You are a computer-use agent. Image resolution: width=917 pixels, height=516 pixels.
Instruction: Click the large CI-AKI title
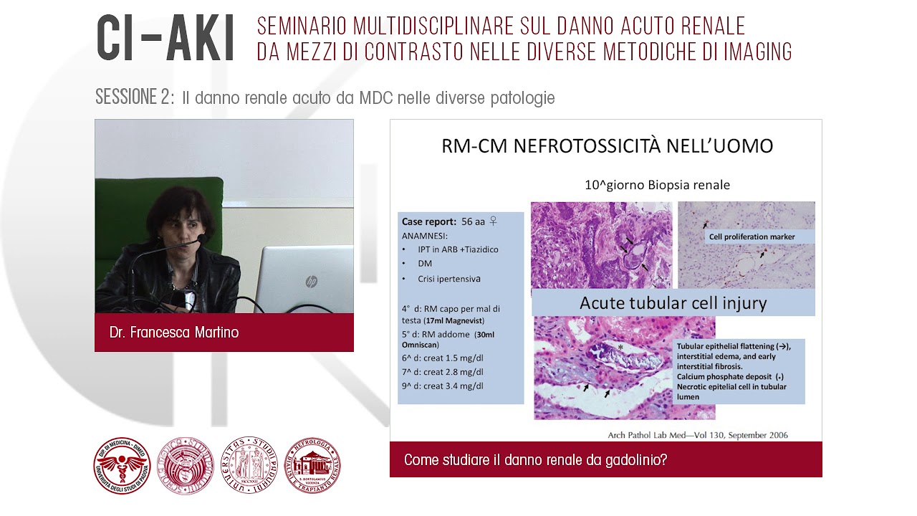[166, 38]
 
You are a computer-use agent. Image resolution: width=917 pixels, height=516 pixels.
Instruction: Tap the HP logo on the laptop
[311, 282]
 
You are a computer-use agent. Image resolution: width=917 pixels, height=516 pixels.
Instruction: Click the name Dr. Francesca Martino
[174, 333]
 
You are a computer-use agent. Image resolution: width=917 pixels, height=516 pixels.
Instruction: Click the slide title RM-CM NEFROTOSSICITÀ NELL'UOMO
[607, 146]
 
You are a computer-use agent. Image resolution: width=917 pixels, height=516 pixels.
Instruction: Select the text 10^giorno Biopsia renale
[657, 185]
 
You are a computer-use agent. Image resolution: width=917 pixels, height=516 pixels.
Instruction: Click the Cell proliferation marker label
[751, 236]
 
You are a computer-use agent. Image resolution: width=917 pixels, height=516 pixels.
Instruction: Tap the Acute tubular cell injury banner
[673, 303]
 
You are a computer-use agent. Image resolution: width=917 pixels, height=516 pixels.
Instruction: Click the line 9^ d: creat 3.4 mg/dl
[442, 386]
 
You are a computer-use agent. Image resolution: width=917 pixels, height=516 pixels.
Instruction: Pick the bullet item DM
[425, 264]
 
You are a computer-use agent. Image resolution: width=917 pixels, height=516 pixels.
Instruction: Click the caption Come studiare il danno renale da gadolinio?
[535, 460]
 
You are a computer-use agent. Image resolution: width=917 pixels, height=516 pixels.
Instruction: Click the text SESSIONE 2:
[135, 98]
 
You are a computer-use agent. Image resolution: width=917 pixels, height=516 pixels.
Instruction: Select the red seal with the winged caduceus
[122, 466]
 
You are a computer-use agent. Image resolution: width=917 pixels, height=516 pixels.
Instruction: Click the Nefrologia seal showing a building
[313, 466]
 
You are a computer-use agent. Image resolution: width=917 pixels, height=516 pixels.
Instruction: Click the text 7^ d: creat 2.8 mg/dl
[442, 372]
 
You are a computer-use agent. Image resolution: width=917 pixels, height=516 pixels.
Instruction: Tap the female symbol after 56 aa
[493, 221]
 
